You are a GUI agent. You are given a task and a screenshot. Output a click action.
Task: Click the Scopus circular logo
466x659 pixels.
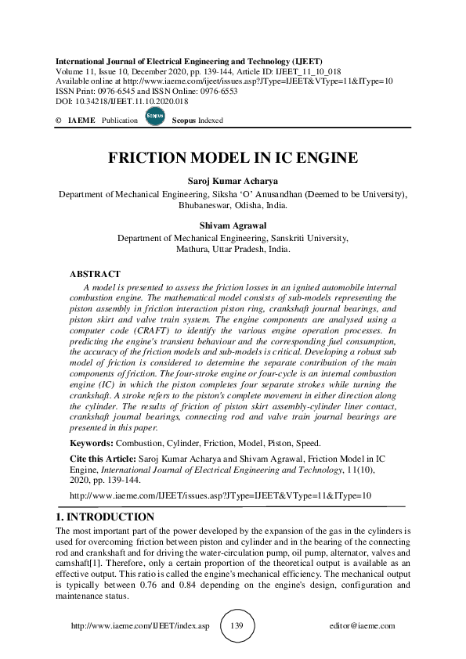pyautogui.click(x=155, y=118)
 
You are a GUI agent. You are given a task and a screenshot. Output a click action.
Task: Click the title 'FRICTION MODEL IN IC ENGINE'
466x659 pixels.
pyautogui.click(x=233, y=157)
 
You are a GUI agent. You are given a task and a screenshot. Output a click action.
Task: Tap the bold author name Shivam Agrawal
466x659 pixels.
pyautogui.click(x=233, y=224)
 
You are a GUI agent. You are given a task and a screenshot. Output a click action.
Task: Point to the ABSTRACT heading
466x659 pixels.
pyautogui.click(x=95, y=274)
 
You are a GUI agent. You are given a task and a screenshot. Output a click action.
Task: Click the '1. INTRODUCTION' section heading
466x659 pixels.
pyautogui.click(x=105, y=517)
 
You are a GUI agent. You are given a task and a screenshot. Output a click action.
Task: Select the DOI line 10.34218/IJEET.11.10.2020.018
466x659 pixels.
pyautogui.click(x=122, y=102)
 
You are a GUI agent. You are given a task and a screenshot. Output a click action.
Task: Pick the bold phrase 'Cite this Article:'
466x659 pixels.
pyautogui.click(x=103, y=457)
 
